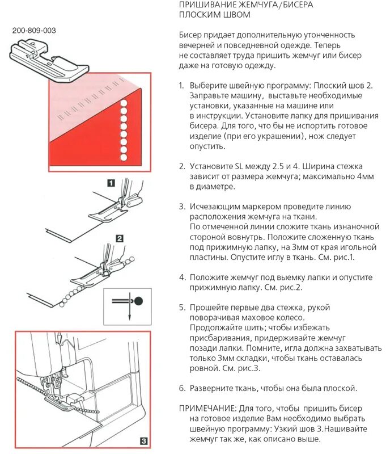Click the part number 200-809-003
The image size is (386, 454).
coord(34,31)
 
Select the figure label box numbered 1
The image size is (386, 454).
coord(111,183)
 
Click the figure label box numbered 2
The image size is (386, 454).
coord(120,239)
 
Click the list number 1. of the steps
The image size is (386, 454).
coord(182,85)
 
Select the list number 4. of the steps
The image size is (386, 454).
coord(182,278)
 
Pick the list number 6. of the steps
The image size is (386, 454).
coord(182,388)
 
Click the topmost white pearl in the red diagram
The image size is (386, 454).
coord(122,104)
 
